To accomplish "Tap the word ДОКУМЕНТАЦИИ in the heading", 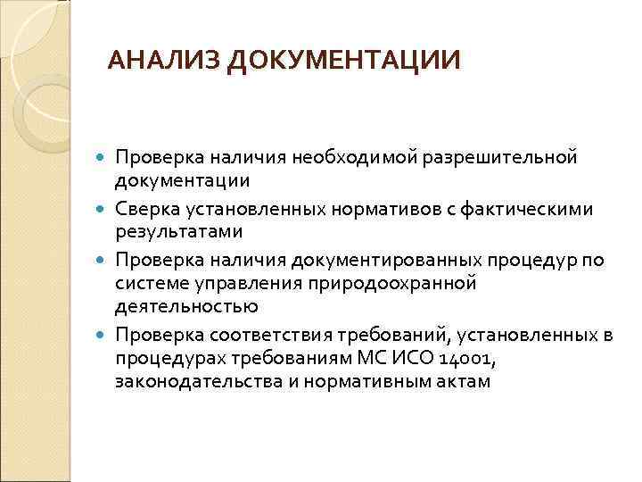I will coord(344,61).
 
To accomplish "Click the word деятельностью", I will coord(185,306).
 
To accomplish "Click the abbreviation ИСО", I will coord(413,358).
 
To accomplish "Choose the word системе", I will coord(146,284).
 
